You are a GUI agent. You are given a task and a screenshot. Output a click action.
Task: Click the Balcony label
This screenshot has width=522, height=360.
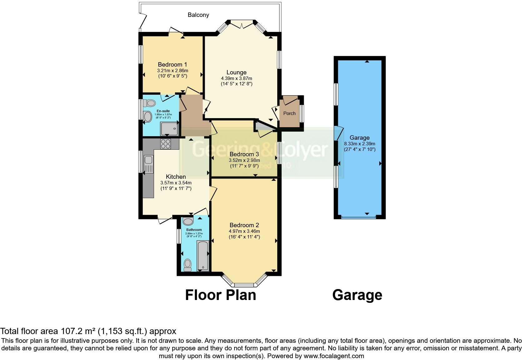click(198, 15)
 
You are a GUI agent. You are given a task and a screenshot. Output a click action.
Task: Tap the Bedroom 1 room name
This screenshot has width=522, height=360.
click(172, 64)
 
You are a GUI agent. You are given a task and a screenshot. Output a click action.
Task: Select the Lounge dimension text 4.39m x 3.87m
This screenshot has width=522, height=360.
click(236, 78)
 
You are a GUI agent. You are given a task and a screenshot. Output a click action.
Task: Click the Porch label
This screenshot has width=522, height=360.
click(289, 113)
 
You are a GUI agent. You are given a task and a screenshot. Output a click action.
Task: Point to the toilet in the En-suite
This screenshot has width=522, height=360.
click(150, 103)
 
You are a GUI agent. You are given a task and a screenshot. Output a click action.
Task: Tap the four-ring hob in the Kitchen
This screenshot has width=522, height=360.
click(166, 144)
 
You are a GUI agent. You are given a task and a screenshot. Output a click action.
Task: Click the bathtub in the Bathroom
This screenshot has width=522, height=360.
click(203, 256)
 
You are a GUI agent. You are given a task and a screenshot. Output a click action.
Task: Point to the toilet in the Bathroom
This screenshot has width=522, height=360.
click(188, 265)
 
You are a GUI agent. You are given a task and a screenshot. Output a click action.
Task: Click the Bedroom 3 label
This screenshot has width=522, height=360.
click(244, 154)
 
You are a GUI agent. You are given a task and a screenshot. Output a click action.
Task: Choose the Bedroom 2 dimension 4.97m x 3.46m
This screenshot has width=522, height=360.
click(244, 231)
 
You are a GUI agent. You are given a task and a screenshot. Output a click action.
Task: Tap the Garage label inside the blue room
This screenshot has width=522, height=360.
click(359, 137)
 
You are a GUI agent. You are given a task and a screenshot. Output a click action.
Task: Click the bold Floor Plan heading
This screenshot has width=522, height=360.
click(220, 295)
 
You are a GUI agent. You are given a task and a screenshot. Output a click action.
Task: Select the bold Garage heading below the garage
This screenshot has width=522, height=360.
click(357, 295)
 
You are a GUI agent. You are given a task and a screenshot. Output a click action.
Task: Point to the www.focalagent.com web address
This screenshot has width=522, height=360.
click(334, 356)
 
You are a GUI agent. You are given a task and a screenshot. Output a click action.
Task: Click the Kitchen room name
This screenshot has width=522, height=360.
click(176, 177)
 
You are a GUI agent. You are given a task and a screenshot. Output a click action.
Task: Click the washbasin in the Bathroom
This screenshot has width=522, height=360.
click(188, 222)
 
